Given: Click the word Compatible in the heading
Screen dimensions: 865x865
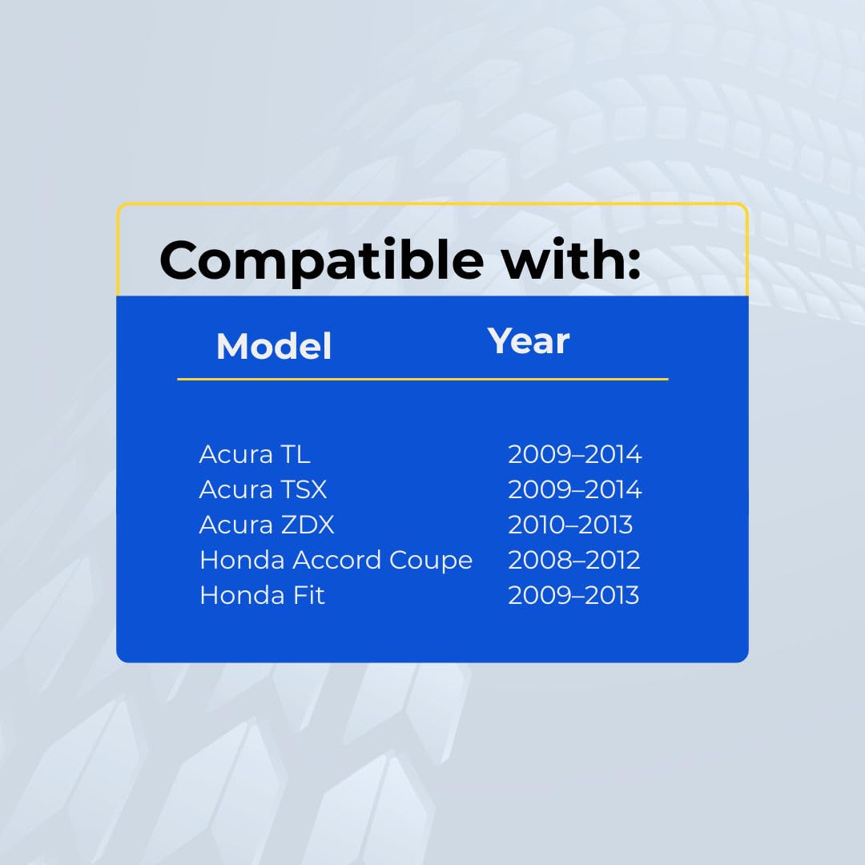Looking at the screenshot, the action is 322,261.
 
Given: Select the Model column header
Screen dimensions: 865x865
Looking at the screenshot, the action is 274,347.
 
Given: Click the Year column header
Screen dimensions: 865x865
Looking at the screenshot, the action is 529,341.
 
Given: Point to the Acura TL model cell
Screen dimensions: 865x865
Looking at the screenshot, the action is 255,455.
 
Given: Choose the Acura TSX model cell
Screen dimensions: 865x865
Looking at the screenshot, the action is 264,489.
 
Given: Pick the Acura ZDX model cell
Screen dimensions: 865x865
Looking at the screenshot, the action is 267,525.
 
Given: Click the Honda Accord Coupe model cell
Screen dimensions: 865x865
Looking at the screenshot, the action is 336,561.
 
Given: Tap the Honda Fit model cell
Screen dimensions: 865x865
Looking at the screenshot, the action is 263,595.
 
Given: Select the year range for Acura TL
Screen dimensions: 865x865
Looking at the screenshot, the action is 575,455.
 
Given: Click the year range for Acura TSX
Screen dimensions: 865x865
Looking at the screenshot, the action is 575,489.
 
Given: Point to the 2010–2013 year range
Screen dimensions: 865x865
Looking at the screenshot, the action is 570,525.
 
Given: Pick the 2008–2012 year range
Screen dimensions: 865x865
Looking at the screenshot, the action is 573,560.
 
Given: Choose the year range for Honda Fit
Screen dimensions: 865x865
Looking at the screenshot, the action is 573,595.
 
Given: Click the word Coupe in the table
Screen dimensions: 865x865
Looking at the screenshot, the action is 431,561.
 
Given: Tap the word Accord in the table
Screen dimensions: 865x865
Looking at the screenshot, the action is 336,560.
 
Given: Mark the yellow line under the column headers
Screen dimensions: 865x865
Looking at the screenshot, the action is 423,380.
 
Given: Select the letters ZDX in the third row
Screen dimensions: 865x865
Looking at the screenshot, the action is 308,525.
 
